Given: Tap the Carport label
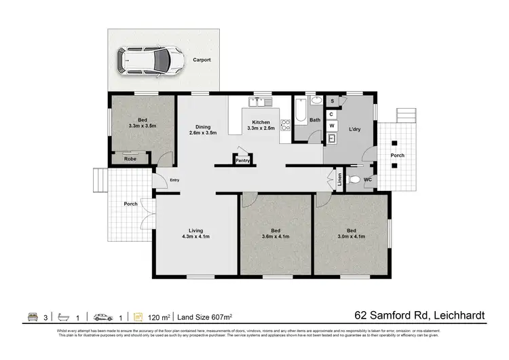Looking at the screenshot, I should click(201, 60).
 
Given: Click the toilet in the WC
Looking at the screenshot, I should click(354, 181).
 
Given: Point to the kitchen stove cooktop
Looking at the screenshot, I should click(286, 125).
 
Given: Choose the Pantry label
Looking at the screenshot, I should click(242, 161).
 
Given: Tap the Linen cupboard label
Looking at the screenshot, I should click(339, 180).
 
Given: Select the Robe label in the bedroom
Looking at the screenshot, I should click(129, 159).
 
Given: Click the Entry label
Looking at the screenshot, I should click(174, 180).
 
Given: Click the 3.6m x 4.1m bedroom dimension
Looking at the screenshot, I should click(276, 237).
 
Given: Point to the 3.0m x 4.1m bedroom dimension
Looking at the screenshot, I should click(352, 237).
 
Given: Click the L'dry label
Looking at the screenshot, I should click(354, 129).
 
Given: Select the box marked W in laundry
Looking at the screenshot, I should click(332, 126).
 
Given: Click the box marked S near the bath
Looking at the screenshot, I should click(332, 101).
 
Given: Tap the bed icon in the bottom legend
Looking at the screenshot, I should click(31, 317).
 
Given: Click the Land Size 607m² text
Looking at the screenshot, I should click(205, 317).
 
